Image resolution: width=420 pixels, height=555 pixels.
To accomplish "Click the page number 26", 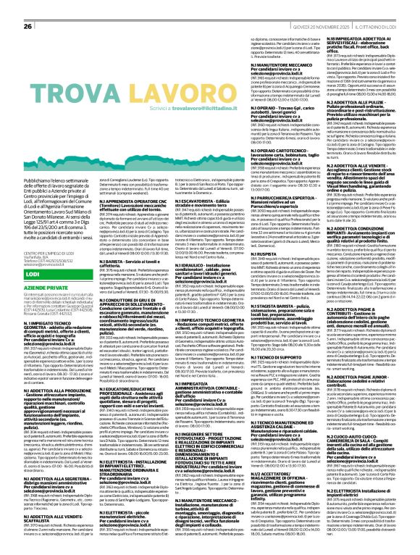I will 28,7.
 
